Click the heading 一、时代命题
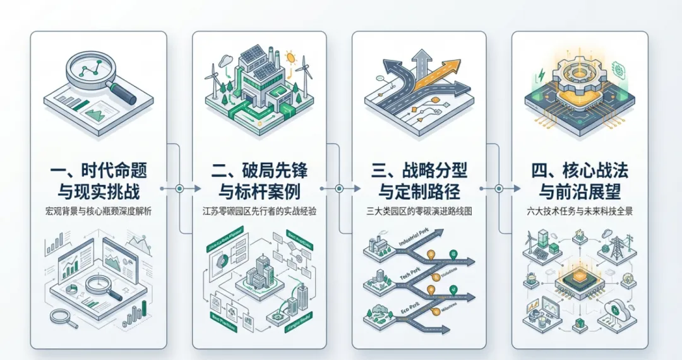tap(99, 171)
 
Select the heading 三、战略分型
tap(419, 171)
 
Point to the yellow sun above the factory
tap(290, 57)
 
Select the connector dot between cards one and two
tap(179, 188)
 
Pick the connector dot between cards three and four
tap(499, 188)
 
